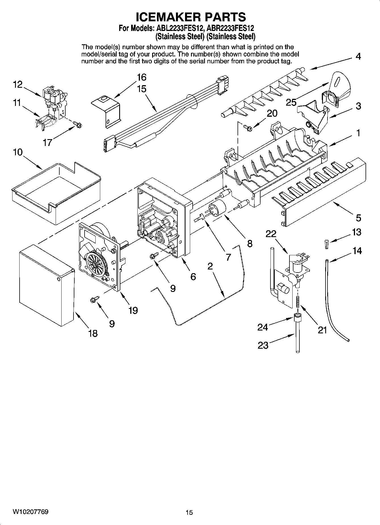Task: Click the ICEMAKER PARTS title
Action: click(191, 17)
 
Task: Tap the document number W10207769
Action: click(30, 512)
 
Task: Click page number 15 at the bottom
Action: click(189, 513)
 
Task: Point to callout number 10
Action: click(18, 152)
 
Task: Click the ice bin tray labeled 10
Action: click(55, 193)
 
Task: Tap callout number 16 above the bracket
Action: click(141, 77)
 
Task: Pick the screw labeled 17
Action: click(77, 124)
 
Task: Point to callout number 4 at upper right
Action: click(358, 57)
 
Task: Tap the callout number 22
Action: click(271, 233)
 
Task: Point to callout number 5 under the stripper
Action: click(358, 218)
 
